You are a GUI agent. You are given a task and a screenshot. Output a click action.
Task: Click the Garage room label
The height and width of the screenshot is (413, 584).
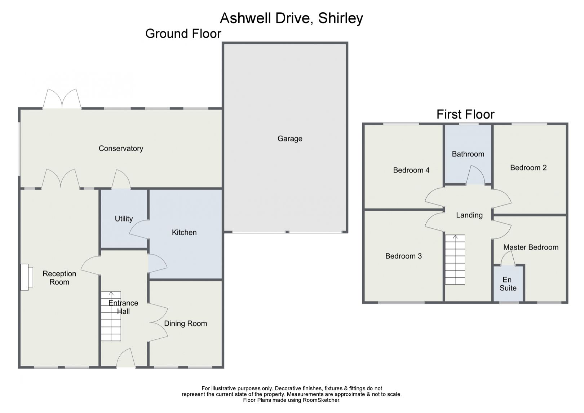click(289, 139)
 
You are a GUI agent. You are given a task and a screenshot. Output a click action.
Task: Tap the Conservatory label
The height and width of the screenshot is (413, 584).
click(121, 148)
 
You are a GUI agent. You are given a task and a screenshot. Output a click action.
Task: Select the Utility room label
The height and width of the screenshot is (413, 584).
click(124, 219)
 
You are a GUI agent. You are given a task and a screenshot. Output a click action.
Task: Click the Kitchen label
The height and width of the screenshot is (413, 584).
click(184, 232)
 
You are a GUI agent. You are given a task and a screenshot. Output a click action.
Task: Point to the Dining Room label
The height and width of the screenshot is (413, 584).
click(185, 324)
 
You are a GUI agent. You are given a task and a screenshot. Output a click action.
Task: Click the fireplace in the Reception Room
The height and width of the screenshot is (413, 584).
click(26, 277)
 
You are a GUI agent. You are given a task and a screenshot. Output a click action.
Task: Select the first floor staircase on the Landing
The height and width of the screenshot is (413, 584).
click(455, 260)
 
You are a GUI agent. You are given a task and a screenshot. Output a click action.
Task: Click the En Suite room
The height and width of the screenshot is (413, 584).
click(508, 284)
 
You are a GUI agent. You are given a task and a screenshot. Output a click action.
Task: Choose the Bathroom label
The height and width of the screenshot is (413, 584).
click(468, 154)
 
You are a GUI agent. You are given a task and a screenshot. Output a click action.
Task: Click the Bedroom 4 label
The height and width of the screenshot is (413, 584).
click(411, 170)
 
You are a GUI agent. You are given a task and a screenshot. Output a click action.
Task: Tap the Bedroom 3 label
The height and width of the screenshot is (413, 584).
click(403, 256)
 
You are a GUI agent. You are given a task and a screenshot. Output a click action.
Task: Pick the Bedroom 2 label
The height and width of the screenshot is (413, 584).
click(528, 167)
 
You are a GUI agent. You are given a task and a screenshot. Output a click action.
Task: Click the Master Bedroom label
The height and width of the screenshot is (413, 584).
click(531, 247)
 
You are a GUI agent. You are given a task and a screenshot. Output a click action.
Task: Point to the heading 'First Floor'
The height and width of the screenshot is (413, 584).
click(465, 114)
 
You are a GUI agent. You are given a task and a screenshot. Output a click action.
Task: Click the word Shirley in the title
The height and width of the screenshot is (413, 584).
click(340, 18)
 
